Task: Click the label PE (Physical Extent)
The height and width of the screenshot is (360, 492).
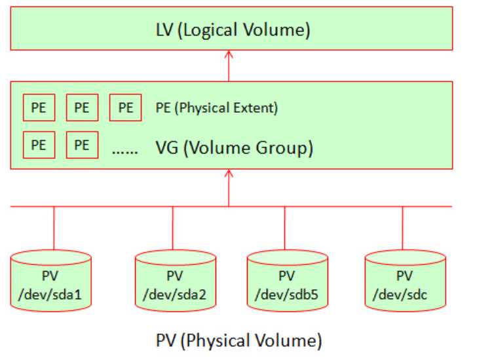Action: [x=217, y=108]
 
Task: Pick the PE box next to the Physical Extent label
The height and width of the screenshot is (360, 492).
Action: [x=124, y=108]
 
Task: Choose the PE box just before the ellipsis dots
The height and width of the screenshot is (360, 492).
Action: [x=82, y=145]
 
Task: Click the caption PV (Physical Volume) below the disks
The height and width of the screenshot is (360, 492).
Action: [x=239, y=341]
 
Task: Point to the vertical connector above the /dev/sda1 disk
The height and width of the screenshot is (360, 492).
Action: [x=53, y=228]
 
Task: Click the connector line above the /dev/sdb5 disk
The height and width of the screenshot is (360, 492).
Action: [x=286, y=228]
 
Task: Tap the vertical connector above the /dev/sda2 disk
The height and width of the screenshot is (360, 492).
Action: [x=173, y=228]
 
